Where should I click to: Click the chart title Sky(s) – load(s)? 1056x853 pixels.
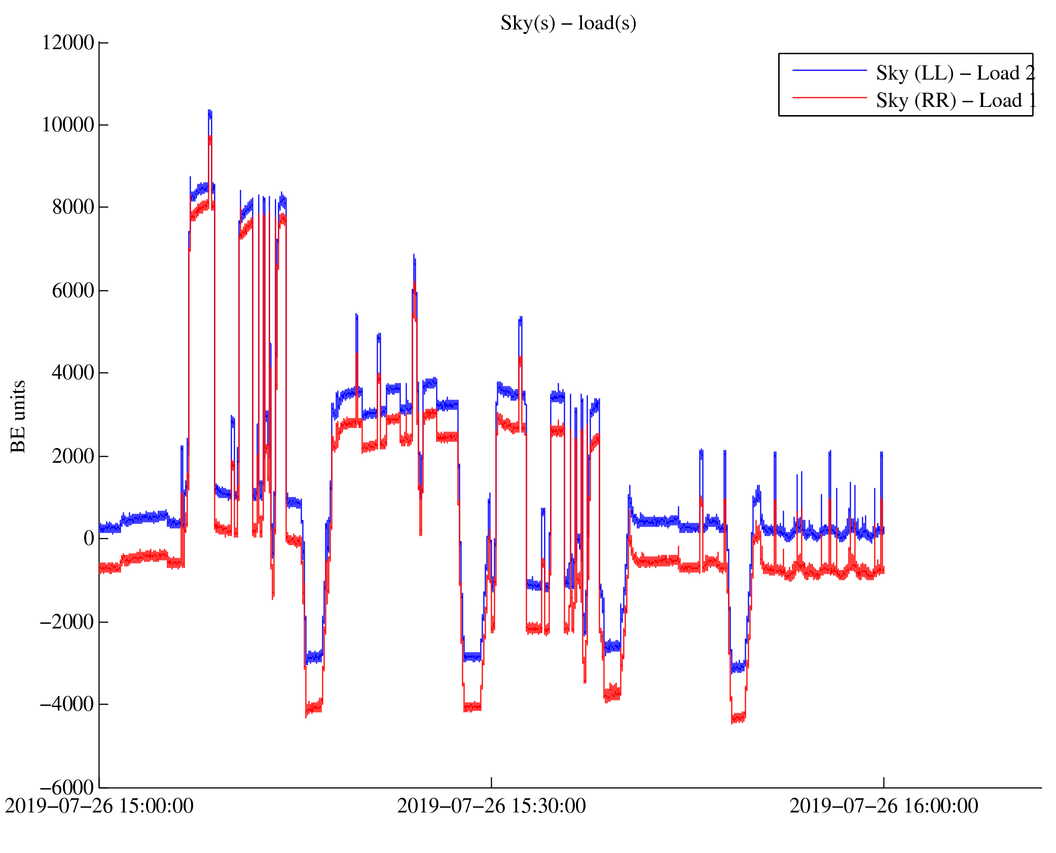pyautogui.click(x=568, y=23)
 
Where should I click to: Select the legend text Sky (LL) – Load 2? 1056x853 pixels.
pyautogui.click(x=955, y=73)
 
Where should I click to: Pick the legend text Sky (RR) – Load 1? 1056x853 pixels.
pyautogui.click(x=955, y=100)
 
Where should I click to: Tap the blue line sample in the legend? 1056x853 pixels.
pyautogui.click(x=829, y=70)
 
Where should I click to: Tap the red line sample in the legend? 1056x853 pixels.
pyautogui.click(x=829, y=97)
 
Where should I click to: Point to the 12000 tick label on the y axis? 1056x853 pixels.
pyautogui.click(x=68, y=43)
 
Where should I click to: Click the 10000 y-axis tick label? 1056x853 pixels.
pyautogui.click(x=68, y=125)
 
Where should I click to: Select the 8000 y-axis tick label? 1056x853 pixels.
pyautogui.click(x=73, y=207)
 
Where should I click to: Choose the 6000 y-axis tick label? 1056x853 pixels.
pyautogui.click(x=73, y=290)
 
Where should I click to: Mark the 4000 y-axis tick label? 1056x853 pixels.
pyautogui.click(x=73, y=373)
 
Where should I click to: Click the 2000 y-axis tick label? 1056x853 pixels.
pyautogui.click(x=73, y=456)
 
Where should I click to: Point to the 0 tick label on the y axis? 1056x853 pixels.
pyautogui.click(x=89, y=538)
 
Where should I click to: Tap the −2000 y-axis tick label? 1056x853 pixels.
pyautogui.click(x=67, y=621)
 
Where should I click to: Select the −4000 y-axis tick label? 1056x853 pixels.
pyautogui.click(x=67, y=704)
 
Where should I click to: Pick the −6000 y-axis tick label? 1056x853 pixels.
pyautogui.click(x=67, y=787)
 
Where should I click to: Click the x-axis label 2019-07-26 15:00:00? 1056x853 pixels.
pyautogui.click(x=99, y=806)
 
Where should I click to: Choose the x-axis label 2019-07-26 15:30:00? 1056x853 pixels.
pyautogui.click(x=491, y=806)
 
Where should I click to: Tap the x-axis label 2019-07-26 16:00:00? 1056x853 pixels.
pyautogui.click(x=884, y=806)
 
